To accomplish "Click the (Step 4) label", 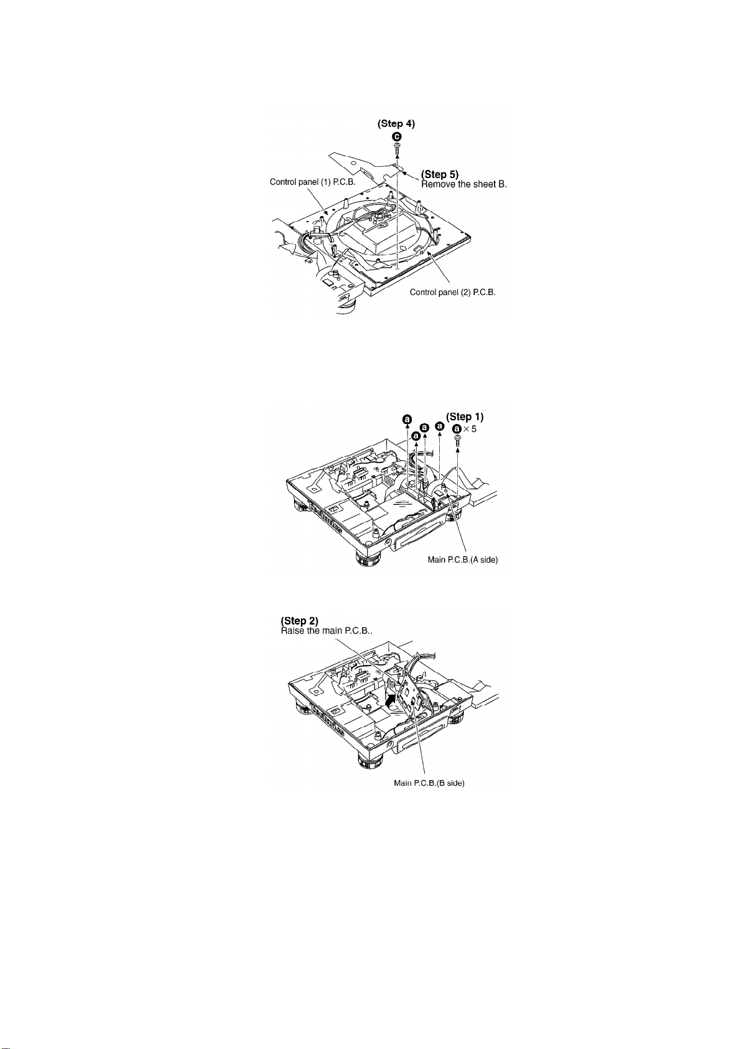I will [396, 124].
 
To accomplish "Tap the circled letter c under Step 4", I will [397, 136].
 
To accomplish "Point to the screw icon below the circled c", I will [397, 149].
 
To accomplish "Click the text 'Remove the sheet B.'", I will [465, 185].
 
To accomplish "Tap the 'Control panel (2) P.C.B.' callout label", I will [453, 292].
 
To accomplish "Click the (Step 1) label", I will [465, 416].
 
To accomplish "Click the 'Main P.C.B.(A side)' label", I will [463, 560].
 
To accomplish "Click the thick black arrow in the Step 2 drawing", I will [389, 702].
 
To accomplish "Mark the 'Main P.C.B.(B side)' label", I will [429, 783].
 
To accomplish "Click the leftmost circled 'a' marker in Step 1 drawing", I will [407, 420].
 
